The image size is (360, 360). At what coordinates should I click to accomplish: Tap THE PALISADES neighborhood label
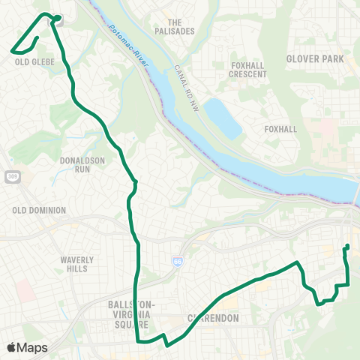point(181,26)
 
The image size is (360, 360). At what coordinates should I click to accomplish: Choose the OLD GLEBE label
point(30,63)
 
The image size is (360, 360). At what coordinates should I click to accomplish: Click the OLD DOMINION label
point(39,211)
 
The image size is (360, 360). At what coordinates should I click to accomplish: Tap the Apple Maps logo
point(27,347)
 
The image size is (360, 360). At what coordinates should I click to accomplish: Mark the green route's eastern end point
point(346,247)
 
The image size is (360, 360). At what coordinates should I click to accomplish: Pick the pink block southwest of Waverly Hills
point(25,292)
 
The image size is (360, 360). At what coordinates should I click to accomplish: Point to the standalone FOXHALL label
point(281,129)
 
